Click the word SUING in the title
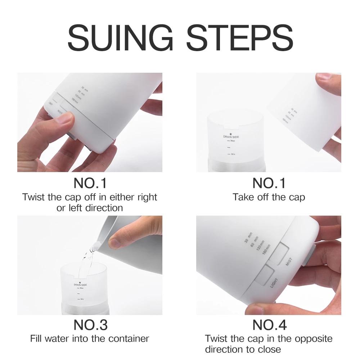pos(118,38)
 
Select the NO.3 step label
pos(90,325)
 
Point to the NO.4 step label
pos(269,325)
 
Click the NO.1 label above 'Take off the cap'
pos(269,183)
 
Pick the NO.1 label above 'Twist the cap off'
pos(90,183)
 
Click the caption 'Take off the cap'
pos(269,197)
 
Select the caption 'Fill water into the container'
pos(90,339)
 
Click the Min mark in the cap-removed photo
pos(232,154)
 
